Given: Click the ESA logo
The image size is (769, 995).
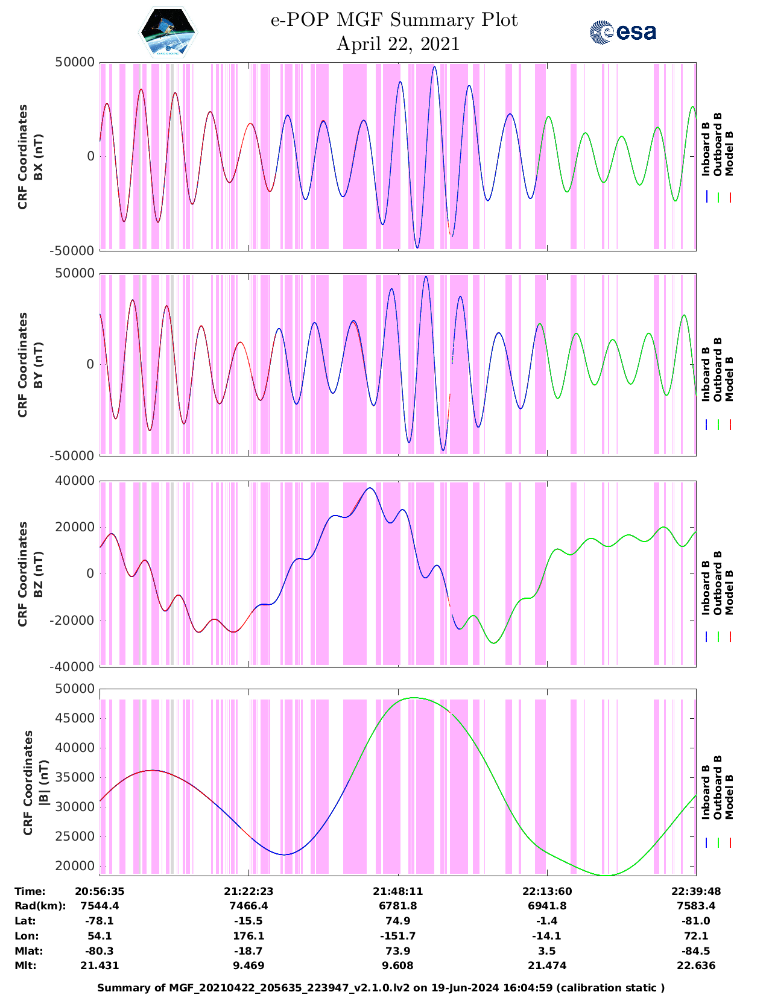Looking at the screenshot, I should tap(623, 32).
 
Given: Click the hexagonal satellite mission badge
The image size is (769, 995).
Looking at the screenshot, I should tap(168, 31).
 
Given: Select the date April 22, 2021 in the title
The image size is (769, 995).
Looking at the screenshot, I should tap(397, 44).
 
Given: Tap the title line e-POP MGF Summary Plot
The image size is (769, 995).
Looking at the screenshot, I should tap(394, 20).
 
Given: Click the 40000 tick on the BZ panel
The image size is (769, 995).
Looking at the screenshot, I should tap(75, 481).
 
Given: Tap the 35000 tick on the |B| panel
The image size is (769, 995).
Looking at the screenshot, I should tap(75, 777).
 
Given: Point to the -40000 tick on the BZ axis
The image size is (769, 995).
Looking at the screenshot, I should tap(72, 666).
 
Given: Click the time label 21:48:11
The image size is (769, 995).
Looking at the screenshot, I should tap(397, 891).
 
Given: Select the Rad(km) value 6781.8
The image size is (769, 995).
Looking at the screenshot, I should tap(397, 906).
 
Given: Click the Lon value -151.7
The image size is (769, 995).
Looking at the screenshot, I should tap(397, 936).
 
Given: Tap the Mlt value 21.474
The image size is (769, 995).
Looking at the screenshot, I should tap(547, 965).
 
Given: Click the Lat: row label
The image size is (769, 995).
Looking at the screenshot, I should tap(25, 921).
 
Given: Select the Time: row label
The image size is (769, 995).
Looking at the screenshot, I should tap(30, 891).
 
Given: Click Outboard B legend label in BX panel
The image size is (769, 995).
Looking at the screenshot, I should tap(718, 145).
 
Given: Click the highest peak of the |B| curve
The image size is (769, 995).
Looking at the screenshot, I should tap(414, 698).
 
